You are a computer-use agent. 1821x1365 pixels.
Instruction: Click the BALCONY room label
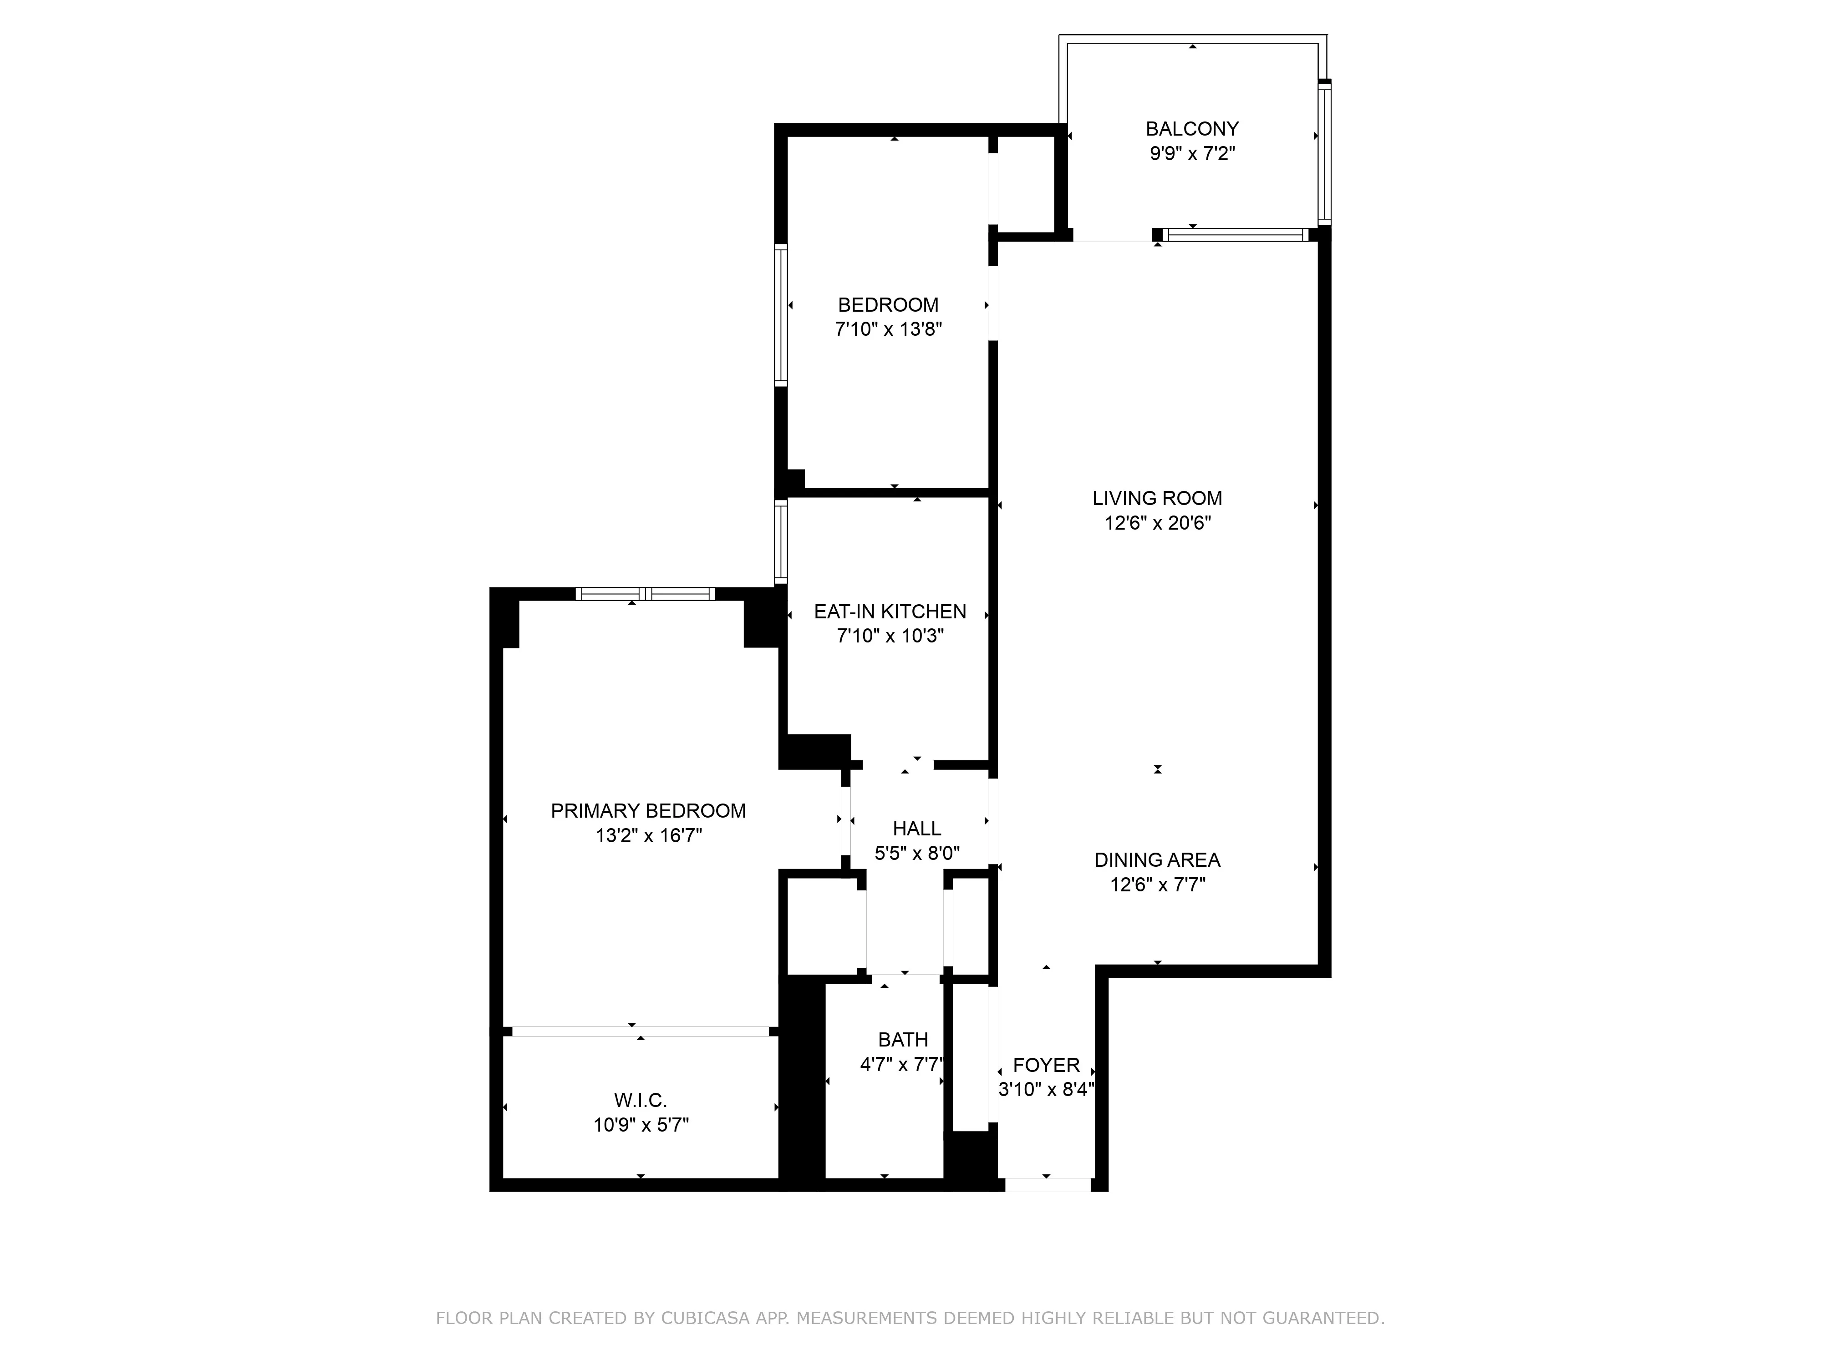1191,129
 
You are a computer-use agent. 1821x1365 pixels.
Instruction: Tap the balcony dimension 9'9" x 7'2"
1191,154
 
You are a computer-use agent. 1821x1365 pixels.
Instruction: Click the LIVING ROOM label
1157,499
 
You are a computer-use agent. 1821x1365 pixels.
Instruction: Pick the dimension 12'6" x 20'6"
1157,523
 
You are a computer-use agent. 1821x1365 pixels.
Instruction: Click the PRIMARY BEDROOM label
648,811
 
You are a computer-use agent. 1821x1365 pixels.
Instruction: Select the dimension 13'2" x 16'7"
648,836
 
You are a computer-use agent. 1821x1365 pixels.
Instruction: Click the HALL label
916,829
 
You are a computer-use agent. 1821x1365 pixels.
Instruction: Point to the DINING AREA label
1157,861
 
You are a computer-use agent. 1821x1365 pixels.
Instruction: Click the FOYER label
1046,1066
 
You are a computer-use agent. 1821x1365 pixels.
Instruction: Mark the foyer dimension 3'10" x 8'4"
1046,1090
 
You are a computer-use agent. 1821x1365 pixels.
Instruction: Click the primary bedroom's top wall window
645,594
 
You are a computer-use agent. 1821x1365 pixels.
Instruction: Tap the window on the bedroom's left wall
780,315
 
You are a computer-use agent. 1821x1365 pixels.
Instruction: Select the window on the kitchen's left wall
780,543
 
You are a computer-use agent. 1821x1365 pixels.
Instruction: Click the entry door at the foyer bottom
1047,1185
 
